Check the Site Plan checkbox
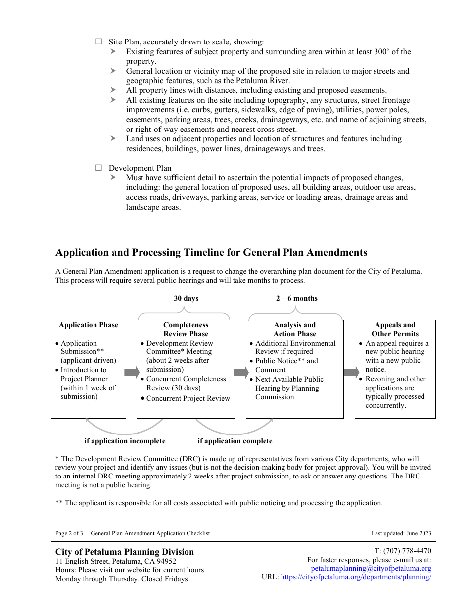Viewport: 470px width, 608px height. tap(98, 42)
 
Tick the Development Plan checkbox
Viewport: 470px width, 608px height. tap(98, 168)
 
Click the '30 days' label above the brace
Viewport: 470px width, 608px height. tap(186, 298)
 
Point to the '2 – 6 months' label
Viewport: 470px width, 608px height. tap(297, 298)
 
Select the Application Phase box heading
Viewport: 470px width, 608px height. tap(89, 325)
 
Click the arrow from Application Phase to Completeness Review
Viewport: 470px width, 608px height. tap(132, 372)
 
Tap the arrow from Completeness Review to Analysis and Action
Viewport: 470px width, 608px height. tap(241, 372)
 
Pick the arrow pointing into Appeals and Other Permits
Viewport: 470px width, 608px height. tap(351, 372)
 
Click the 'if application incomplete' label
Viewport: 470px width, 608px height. tap(125, 441)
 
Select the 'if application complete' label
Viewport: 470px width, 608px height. tap(235, 441)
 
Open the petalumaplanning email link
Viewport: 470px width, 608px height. tap(371, 568)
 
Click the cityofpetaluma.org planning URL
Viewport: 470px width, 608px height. tap(356, 577)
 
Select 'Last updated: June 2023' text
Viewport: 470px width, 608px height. tap(401, 533)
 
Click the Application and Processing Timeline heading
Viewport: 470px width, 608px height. tap(211, 252)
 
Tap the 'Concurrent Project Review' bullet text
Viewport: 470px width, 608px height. tap(188, 398)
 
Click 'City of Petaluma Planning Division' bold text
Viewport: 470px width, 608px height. tap(125, 552)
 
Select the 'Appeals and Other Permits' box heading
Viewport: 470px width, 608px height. tap(395, 329)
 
